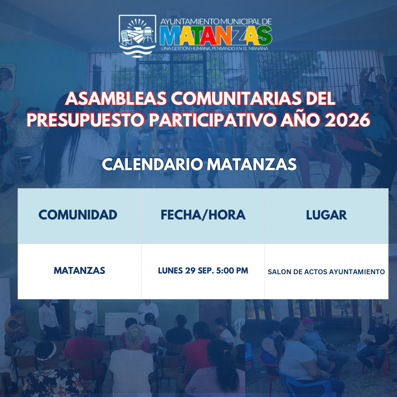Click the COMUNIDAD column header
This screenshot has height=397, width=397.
tap(78, 215)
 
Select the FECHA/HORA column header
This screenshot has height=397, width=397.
tap(203, 215)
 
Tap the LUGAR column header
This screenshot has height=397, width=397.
tap(326, 215)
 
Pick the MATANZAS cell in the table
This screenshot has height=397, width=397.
tap(79, 271)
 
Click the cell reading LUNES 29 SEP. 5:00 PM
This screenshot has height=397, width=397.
tap(203, 271)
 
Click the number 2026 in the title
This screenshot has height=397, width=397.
tap(347, 120)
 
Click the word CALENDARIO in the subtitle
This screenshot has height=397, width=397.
tap(153, 165)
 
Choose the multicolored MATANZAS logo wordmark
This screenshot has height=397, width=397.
tap(216, 35)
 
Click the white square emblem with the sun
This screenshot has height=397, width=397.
tap(137, 36)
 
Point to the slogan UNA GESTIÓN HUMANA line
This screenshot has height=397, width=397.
tap(215, 49)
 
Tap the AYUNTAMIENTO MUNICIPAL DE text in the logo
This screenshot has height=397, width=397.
tap(216, 22)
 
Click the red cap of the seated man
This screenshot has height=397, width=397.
tap(307, 321)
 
